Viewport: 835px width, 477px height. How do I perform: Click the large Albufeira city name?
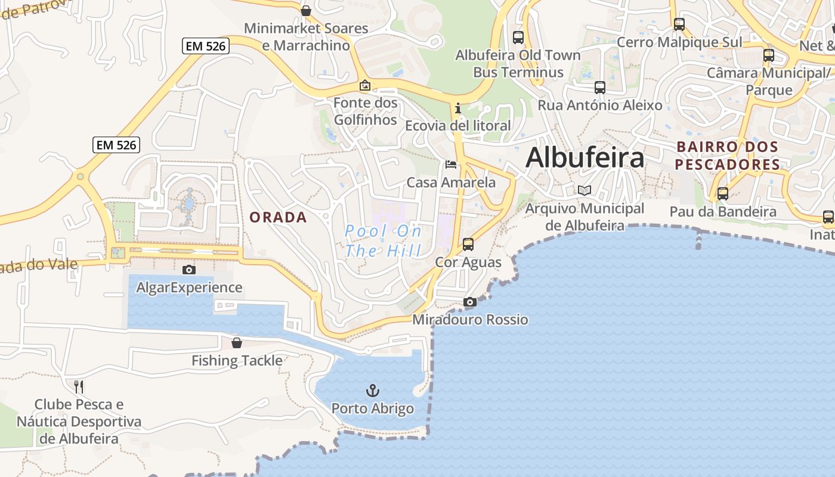(584, 158)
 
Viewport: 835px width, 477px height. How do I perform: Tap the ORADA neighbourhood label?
(278, 218)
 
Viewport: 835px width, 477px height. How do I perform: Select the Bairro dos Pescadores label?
(728, 156)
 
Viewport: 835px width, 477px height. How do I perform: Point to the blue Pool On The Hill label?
(383, 241)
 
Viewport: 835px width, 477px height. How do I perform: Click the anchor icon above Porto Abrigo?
(372, 391)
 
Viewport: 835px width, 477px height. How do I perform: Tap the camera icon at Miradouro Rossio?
(470, 302)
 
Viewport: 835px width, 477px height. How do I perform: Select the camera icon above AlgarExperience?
(189, 270)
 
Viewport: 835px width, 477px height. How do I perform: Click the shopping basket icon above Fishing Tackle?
(237, 343)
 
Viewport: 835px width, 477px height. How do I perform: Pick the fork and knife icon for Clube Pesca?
(79, 387)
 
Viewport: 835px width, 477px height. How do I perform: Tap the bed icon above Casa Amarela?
(451, 165)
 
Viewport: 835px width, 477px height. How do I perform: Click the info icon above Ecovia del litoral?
(458, 108)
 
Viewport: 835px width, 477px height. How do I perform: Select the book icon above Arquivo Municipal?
(584, 191)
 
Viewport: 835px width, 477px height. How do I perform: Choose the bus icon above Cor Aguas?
(468, 244)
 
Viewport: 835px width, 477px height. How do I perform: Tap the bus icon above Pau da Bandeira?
(723, 193)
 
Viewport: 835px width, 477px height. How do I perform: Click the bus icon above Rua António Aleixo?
(600, 88)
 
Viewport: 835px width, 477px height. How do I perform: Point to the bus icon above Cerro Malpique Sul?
(679, 24)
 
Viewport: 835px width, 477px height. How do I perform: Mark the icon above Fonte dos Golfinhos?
(365, 85)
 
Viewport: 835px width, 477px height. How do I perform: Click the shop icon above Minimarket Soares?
(306, 11)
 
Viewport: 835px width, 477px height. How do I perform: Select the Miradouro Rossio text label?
(470, 320)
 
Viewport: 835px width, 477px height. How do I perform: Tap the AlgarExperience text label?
(189, 288)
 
